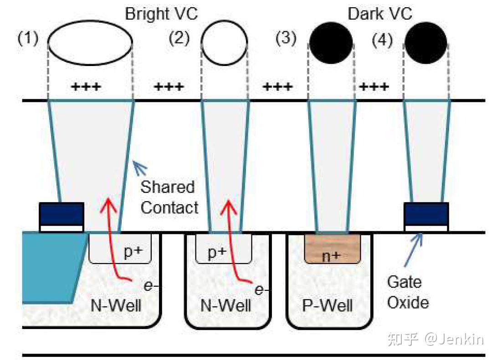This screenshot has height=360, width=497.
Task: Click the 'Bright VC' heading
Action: coord(161,14)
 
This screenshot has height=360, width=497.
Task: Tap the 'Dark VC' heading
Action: coord(380,14)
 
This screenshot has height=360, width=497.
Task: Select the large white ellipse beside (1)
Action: coord(90,42)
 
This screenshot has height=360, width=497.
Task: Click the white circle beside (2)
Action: coord(225,43)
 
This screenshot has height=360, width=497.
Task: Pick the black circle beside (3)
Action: coord(331,43)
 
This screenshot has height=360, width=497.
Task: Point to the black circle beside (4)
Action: coord(425,43)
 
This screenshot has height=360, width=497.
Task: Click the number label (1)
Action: coord(28,38)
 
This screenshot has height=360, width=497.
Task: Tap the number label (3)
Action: coord(286,38)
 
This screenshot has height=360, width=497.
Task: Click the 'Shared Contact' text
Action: coord(169,197)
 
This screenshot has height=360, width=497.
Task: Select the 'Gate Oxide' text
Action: coord(408,292)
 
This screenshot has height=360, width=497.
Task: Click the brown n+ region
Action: coord(332,249)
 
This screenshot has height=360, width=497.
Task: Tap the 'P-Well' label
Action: coord(327,305)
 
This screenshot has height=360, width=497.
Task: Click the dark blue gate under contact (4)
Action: coord(426,213)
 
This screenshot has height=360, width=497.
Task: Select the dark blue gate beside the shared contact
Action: coord(61,213)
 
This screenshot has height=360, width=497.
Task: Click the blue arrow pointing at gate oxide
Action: coord(414,249)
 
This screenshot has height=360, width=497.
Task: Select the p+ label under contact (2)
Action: coord(217,252)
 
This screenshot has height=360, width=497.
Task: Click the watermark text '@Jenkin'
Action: coord(454,339)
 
